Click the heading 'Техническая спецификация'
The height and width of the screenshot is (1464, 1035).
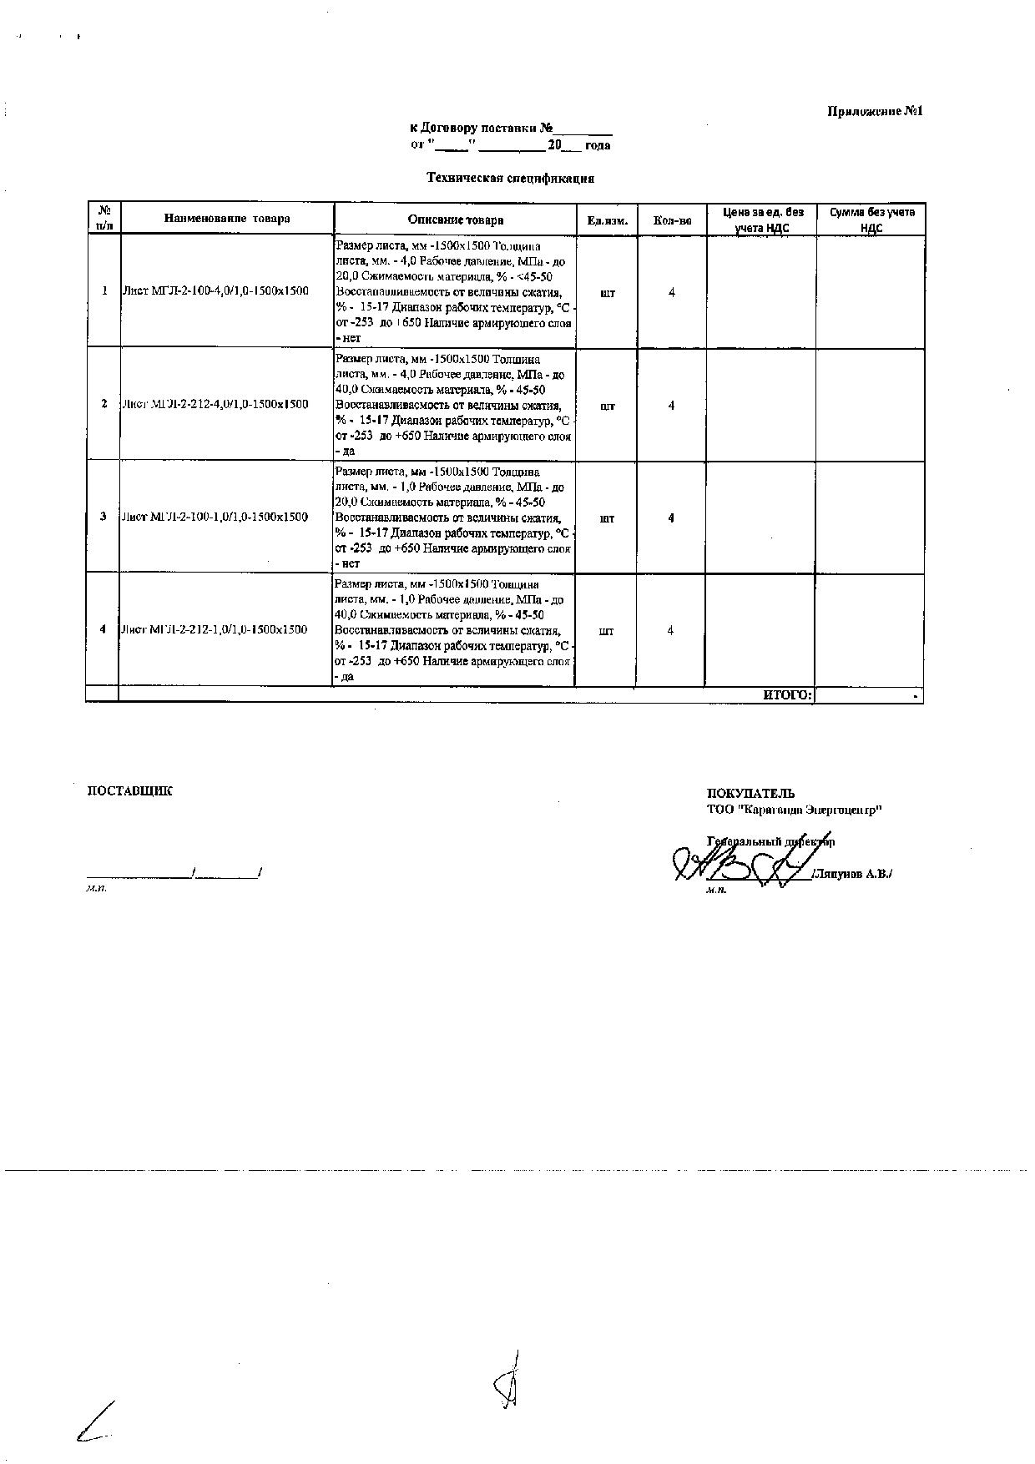click(x=510, y=178)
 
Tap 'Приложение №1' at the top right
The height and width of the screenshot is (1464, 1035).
click(x=875, y=111)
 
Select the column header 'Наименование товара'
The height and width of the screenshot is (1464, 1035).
click(x=227, y=219)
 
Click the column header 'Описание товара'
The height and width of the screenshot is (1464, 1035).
click(x=456, y=220)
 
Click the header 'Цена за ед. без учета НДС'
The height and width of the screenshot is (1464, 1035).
click(x=762, y=220)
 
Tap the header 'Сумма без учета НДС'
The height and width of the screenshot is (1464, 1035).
click(x=871, y=220)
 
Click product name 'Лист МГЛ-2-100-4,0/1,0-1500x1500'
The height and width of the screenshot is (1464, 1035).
click(x=215, y=291)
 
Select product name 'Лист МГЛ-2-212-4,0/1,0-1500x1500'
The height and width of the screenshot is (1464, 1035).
click(x=215, y=404)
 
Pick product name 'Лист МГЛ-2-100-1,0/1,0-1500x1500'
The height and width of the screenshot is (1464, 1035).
click(x=215, y=517)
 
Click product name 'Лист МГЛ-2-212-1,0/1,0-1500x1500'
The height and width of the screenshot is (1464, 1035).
click(x=215, y=629)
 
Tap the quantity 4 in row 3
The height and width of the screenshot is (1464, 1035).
click(x=671, y=518)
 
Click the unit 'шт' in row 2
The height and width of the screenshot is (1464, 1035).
click(x=607, y=406)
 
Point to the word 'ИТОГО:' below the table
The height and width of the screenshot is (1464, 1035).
click(x=787, y=694)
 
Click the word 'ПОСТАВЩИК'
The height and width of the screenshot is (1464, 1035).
click(x=129, y=791)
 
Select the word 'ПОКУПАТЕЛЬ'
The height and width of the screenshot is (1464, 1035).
click(x=750, y=794)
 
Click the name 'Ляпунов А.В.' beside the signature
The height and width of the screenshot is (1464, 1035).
click(x=852, y=875)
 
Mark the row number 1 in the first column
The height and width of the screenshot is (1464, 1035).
click(x=104, y=291)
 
